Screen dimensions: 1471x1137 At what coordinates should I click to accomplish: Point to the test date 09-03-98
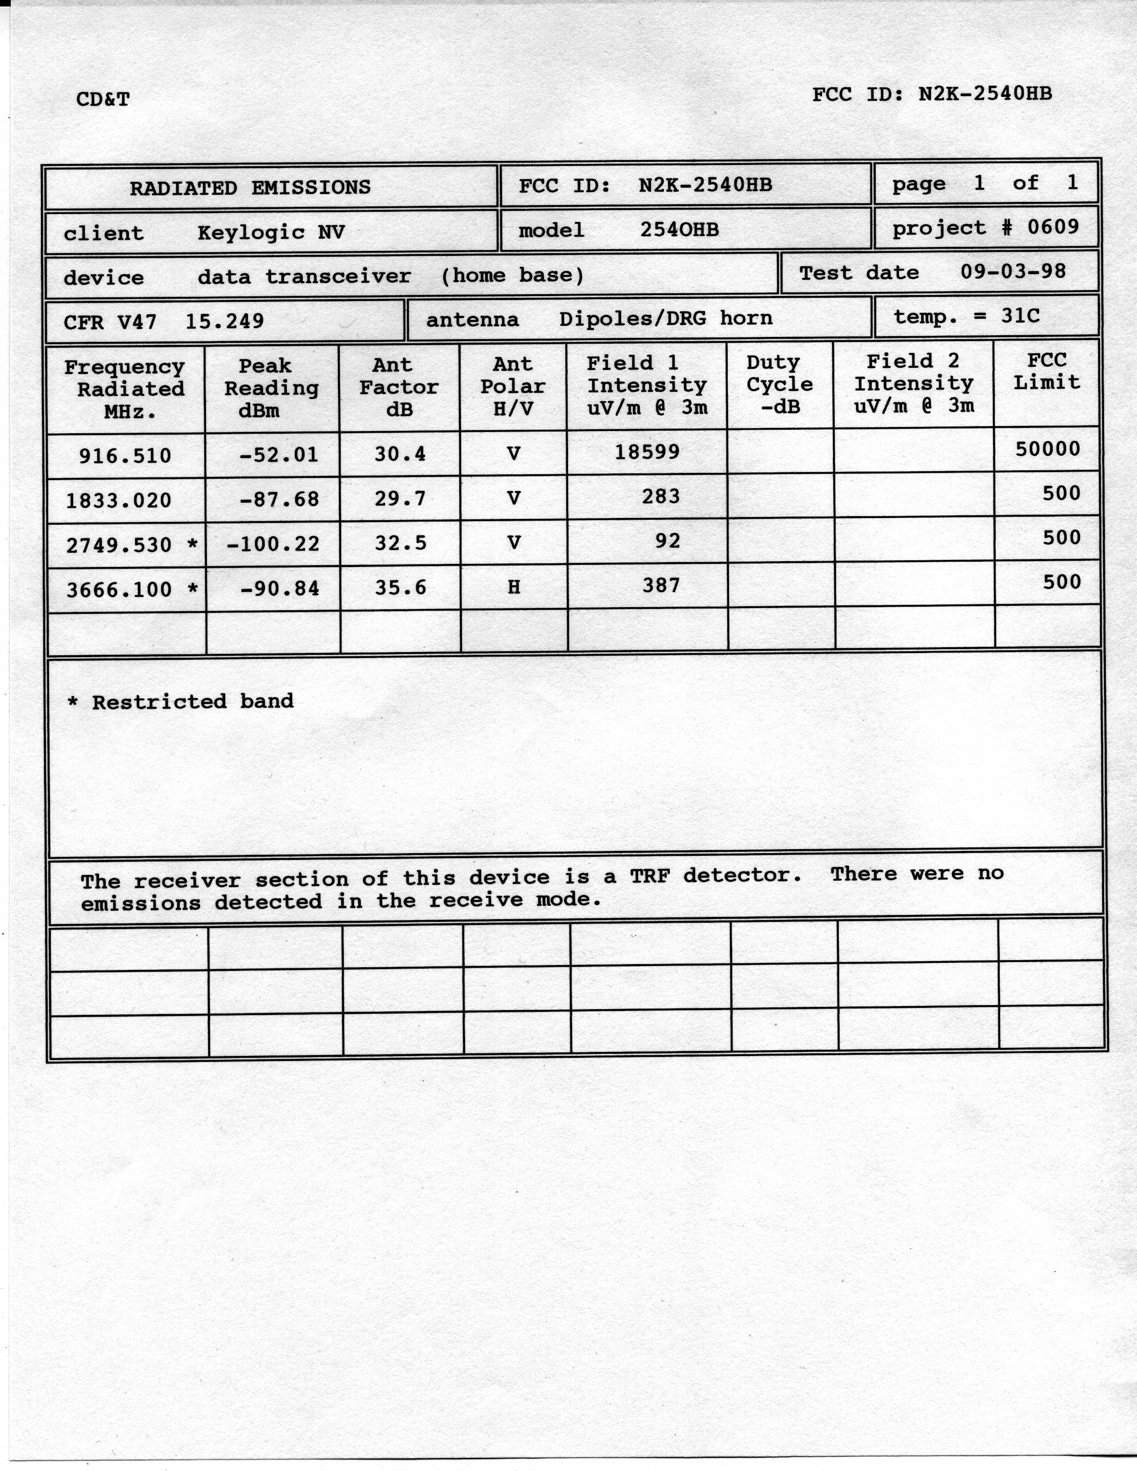[1013, 271]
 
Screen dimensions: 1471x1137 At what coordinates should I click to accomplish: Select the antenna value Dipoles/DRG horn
[666, 319]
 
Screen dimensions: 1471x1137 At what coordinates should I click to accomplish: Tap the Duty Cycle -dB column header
[779, 385]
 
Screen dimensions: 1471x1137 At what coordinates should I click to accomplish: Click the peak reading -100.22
[273, 543]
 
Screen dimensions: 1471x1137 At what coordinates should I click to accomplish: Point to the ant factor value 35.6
[400, 588]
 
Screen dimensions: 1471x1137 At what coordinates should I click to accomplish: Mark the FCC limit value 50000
[1047, 448]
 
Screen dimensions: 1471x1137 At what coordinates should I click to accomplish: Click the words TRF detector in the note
[715, 875]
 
